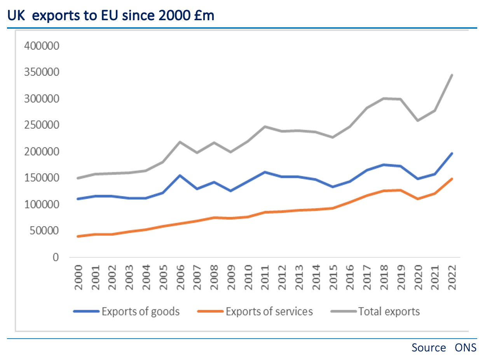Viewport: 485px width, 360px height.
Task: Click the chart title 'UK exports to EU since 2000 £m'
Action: tap(111, 16)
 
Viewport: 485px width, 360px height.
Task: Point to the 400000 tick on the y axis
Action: tap(41, 46)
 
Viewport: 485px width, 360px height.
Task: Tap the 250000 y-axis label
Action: tap(41, 125)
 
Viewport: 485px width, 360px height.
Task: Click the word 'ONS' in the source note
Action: tap(466, 347)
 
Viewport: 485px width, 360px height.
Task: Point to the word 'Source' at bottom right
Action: tap(429, 347)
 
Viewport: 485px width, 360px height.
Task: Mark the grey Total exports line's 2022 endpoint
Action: tap(452, 75)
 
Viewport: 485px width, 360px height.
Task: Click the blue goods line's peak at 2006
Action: tap(180, 175)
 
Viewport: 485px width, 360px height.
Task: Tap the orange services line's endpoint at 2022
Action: tap(452, 179)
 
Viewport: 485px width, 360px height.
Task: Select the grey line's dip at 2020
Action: tap(418, 121)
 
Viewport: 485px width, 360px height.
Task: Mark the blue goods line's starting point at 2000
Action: tap(78, 199)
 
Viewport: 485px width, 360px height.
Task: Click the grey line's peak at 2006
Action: tap(180, 142)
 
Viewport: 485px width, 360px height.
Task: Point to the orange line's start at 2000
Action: tap(78, 236)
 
